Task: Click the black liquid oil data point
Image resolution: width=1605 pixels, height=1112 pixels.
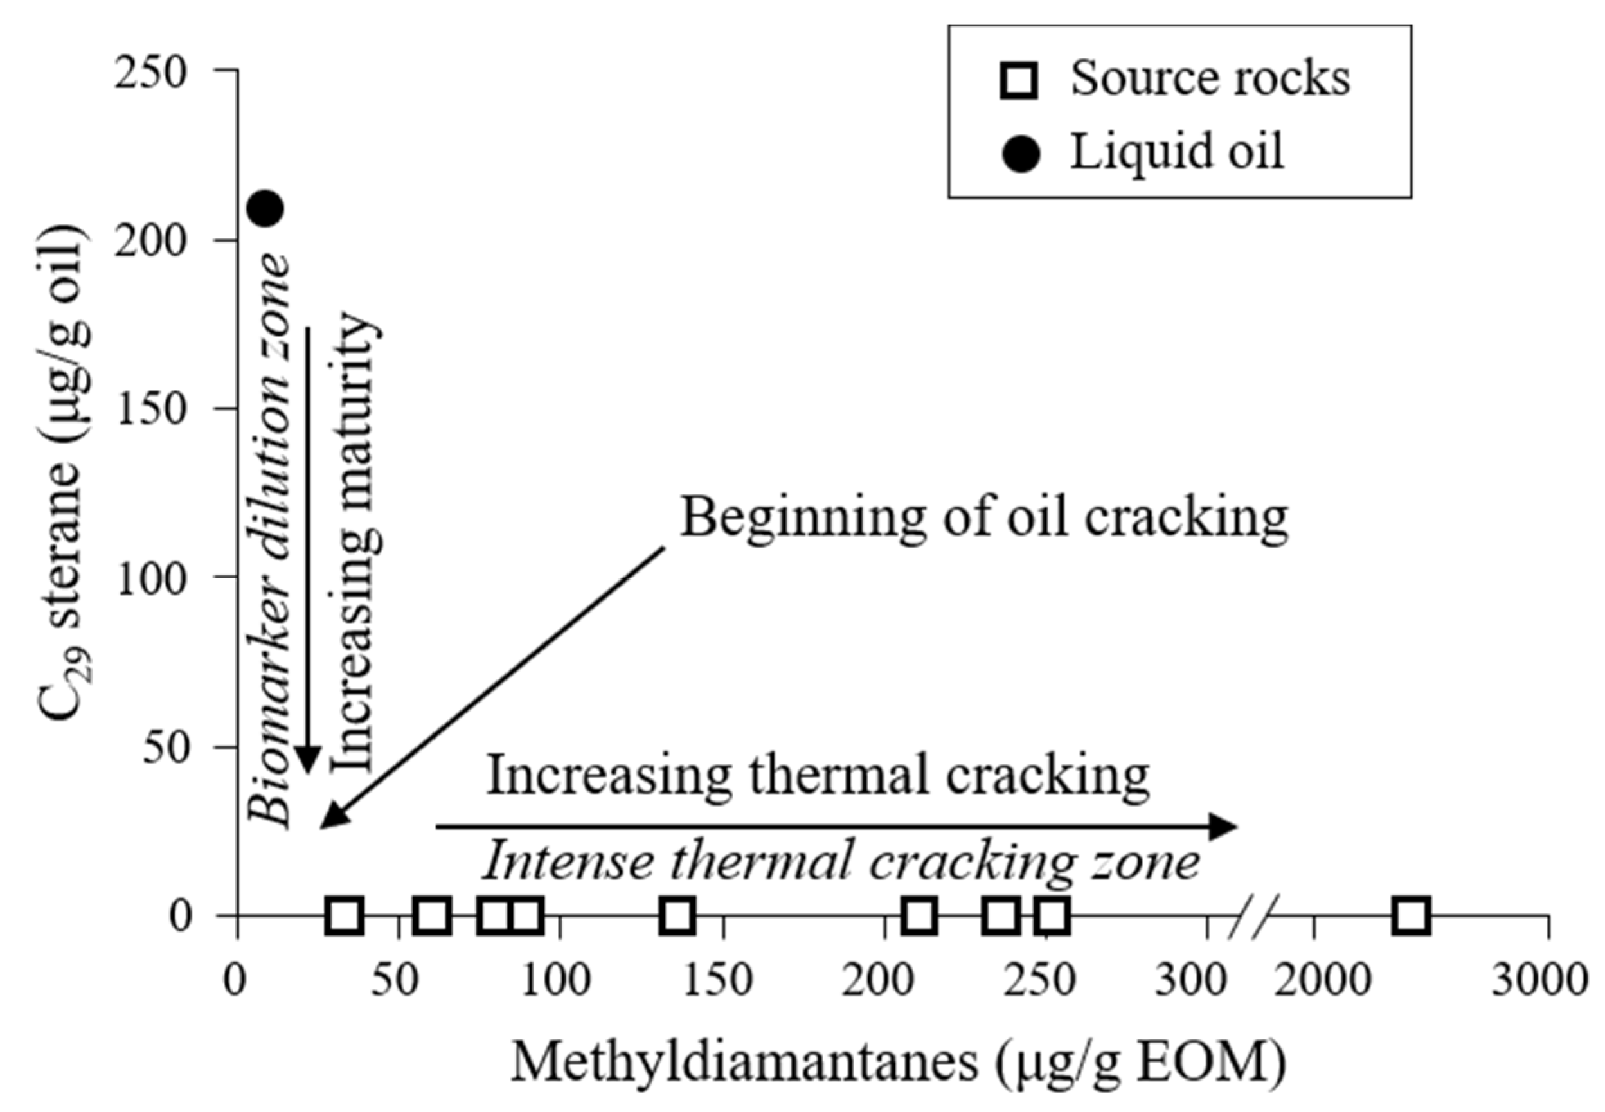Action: [x=266, y=208]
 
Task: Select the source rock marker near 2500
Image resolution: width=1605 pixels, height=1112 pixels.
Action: [x=1412, y=915]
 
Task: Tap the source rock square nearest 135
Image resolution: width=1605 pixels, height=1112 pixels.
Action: [x=677, y=915]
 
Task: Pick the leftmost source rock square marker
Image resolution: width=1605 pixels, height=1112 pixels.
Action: [x=344, y=915]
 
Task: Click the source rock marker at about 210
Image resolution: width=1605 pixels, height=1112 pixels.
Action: [x=920, y=915]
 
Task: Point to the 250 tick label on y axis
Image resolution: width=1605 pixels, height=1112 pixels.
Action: [x=151, y=72]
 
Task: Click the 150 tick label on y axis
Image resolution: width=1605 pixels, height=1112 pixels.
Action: [x=151, y=409]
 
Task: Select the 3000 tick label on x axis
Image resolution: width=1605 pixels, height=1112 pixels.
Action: [x=1539, y=980]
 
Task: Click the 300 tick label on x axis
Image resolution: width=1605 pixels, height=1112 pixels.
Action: [x=1190, y=980]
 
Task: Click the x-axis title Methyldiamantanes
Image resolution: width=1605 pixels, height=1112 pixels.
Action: [x=899, y=1062]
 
